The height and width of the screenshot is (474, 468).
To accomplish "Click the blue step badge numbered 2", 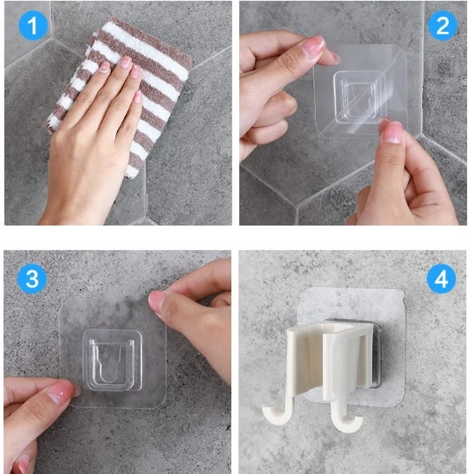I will point(441,26).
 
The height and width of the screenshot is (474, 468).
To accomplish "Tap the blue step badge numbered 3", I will point(33,279).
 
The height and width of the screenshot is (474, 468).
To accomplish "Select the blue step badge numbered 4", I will point(441,279).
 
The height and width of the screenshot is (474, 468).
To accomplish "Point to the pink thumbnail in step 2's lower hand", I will point(392,133).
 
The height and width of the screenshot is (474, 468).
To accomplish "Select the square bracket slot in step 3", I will point(113,360).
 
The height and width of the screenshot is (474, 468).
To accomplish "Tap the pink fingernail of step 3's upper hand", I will point(157,301).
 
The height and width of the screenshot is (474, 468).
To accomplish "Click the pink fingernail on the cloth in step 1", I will point(122,63).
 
